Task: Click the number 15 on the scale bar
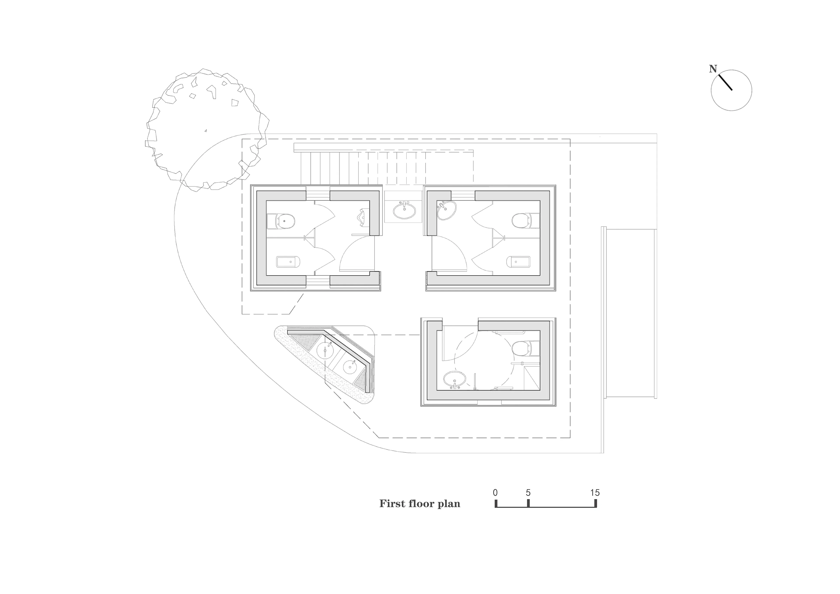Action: coord(595,493)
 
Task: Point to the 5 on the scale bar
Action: coord(528,493)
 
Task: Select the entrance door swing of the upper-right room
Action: coord(449,254)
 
